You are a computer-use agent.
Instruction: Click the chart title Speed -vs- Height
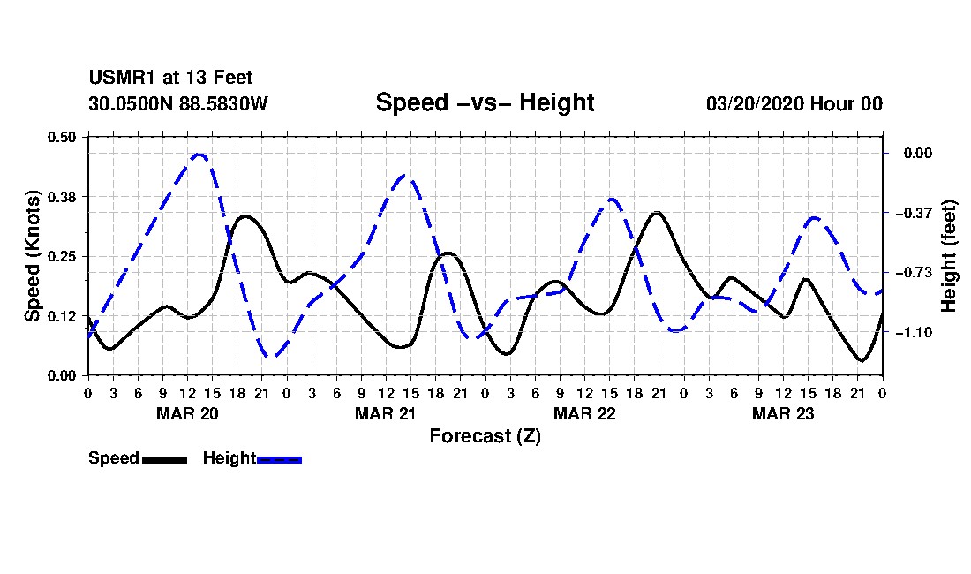click(x=485, y=102)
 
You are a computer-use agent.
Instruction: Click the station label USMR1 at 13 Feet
click(x=171, y=78)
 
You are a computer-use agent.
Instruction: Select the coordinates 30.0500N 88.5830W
click(x=178, y=103)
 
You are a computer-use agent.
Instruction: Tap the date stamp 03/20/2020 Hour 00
click(x=794, y=103)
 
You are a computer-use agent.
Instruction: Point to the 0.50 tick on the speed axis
click(x=62, y=137)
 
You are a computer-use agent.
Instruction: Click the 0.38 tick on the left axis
click(x=62, y=197)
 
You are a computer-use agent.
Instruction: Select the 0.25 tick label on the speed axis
click(x=62, y=256)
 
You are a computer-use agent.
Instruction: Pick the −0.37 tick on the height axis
click(x=914, y=213)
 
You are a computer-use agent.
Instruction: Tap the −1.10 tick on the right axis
click(x=914, y=333)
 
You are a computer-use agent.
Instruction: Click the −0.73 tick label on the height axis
click(x=914, y=273)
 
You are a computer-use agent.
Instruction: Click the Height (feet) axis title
click(x=949, y=256)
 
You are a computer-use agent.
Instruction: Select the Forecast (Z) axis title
click(x=485, y=436)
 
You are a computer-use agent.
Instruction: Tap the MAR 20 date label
click(x=188, y=413)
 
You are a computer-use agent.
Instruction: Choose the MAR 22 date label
click(x=584, y=413)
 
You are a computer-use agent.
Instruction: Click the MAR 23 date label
click(x=783, y=413)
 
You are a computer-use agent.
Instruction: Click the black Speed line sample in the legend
click(x=165, y=459)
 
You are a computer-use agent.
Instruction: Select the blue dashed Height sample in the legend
click(x=279, y=459)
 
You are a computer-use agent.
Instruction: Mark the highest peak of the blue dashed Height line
click(x=198, y=155)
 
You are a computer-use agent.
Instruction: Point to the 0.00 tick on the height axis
click(x=918, y=153)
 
